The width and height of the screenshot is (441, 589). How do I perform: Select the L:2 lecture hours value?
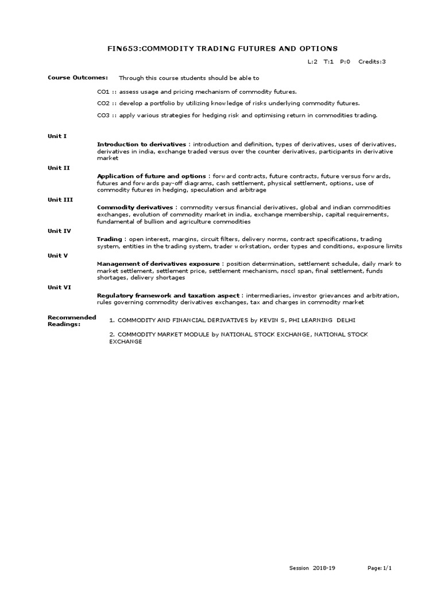[x=313, y=62]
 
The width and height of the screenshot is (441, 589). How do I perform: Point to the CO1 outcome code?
[x=103, y=91]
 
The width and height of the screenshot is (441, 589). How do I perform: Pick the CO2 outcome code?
[x=103, y=103]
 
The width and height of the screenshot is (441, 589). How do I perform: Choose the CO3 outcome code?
[x=103, y=115]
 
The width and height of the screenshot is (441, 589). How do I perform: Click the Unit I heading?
[x=57, y=136]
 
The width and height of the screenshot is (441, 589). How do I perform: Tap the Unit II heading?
[x=59, y=167]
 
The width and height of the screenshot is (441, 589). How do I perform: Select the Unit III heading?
[x=60, y=199]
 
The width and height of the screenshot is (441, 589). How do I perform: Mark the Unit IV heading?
[x=59, y=231]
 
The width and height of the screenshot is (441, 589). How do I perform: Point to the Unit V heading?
[x=58, y=255]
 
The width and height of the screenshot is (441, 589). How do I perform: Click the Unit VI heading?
[x=59, y=287]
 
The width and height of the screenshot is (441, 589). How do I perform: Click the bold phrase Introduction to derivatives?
[x=141, y=144]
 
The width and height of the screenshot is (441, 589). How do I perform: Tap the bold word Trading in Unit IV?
[x=109, y=239]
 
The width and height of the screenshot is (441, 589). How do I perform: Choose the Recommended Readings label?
[x=71, y=320]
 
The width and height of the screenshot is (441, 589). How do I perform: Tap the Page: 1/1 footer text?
[x=380, y=568]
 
